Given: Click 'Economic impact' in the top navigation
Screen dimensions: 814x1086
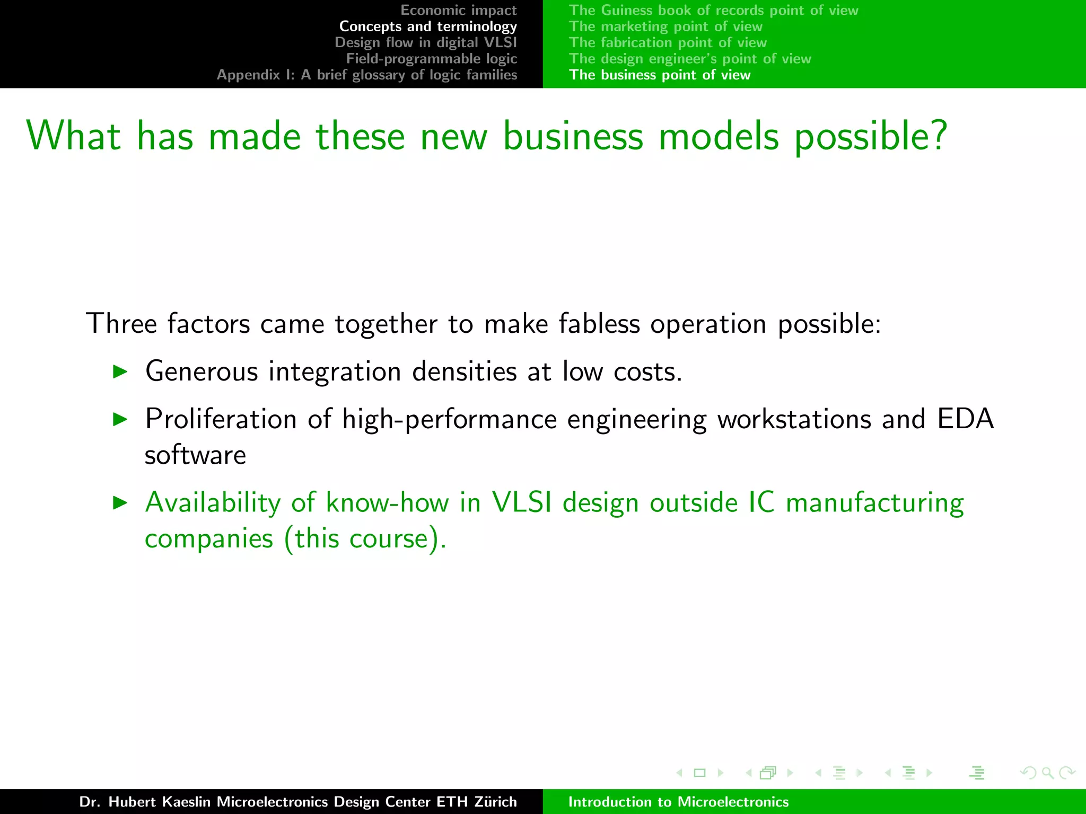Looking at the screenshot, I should point(458,11).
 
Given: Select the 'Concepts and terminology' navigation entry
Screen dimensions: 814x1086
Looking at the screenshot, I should point(428,26).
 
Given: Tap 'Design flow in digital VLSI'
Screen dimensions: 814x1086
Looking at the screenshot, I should point(425,42).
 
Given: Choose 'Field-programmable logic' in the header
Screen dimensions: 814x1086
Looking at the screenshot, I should point(431,59).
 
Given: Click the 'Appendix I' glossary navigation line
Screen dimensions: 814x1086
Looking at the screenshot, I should point(366,75).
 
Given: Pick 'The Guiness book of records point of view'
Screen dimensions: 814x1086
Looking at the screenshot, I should point(713,11).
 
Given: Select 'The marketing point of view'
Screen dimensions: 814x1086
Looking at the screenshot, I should point(665,26).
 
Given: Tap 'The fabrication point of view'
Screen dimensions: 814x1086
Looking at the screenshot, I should point(668,42).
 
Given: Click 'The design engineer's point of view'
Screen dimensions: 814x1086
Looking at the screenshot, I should point(690,59).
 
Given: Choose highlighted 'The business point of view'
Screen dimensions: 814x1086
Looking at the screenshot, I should point(660,75).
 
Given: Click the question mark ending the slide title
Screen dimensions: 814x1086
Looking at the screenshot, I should point(937,136).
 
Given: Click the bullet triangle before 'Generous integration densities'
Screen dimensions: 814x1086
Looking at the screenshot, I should point(121,371).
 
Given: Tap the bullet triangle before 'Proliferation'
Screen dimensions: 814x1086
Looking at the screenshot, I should point(121,420).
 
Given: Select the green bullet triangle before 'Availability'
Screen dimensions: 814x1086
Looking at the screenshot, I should point(121,503).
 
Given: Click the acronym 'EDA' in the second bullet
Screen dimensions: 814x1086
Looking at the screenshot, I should point(965,419).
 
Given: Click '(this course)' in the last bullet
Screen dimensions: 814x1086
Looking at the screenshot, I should point(365,539).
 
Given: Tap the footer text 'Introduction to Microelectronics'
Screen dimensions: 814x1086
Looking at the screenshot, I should point(678,802).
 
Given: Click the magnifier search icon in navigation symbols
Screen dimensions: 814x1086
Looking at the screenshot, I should point(1047,773).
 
